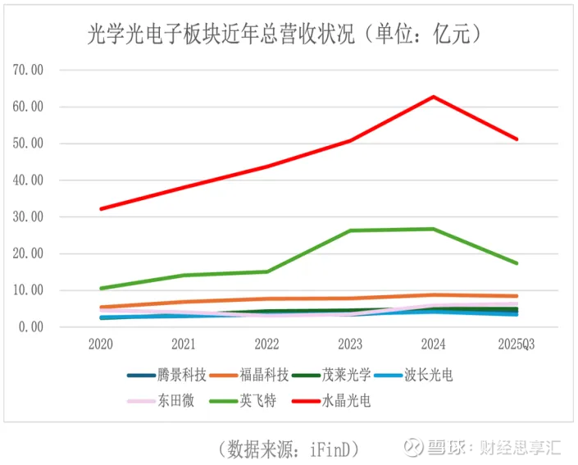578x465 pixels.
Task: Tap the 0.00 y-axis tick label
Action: click(x=30, y=327)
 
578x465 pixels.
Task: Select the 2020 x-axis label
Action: click(x=101, y=344)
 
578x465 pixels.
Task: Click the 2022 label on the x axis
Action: click(x=266, y=344)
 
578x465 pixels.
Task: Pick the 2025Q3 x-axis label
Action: click(x=517, y=344)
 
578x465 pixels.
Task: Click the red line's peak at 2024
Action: click(x=434, y=97)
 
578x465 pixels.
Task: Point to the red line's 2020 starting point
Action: click(x=101, y=209)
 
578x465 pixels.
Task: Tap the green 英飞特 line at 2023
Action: click(x=350, y=230)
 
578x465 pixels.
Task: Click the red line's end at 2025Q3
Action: click(x=517, y=139)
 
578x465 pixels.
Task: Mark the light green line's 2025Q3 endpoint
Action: click(x=517, y=263)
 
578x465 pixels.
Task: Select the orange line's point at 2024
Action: click(x=434, y=295)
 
